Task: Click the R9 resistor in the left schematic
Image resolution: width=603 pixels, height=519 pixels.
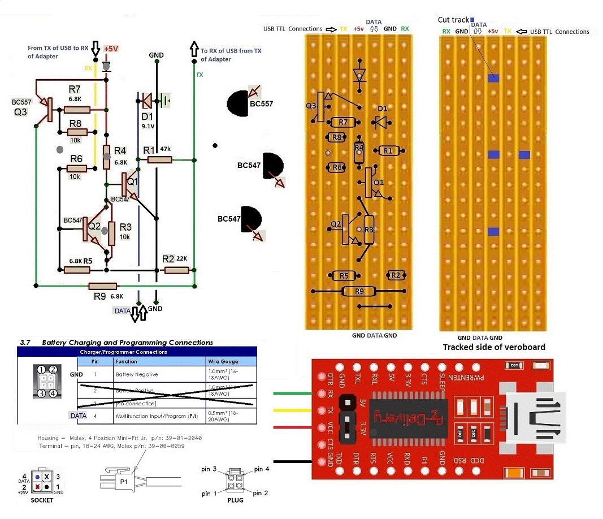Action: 102,286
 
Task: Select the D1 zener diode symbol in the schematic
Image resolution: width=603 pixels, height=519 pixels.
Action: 146,101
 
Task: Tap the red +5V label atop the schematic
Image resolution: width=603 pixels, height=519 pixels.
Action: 111,49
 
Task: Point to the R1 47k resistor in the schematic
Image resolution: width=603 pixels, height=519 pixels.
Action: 159,160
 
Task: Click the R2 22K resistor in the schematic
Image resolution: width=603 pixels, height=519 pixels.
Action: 176,270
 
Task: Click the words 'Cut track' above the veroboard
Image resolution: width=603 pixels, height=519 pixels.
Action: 453,20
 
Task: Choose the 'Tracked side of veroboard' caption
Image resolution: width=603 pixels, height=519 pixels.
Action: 493,347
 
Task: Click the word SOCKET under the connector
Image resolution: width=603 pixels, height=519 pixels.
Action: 42,500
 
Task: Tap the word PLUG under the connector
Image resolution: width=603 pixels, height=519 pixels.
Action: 235,500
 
